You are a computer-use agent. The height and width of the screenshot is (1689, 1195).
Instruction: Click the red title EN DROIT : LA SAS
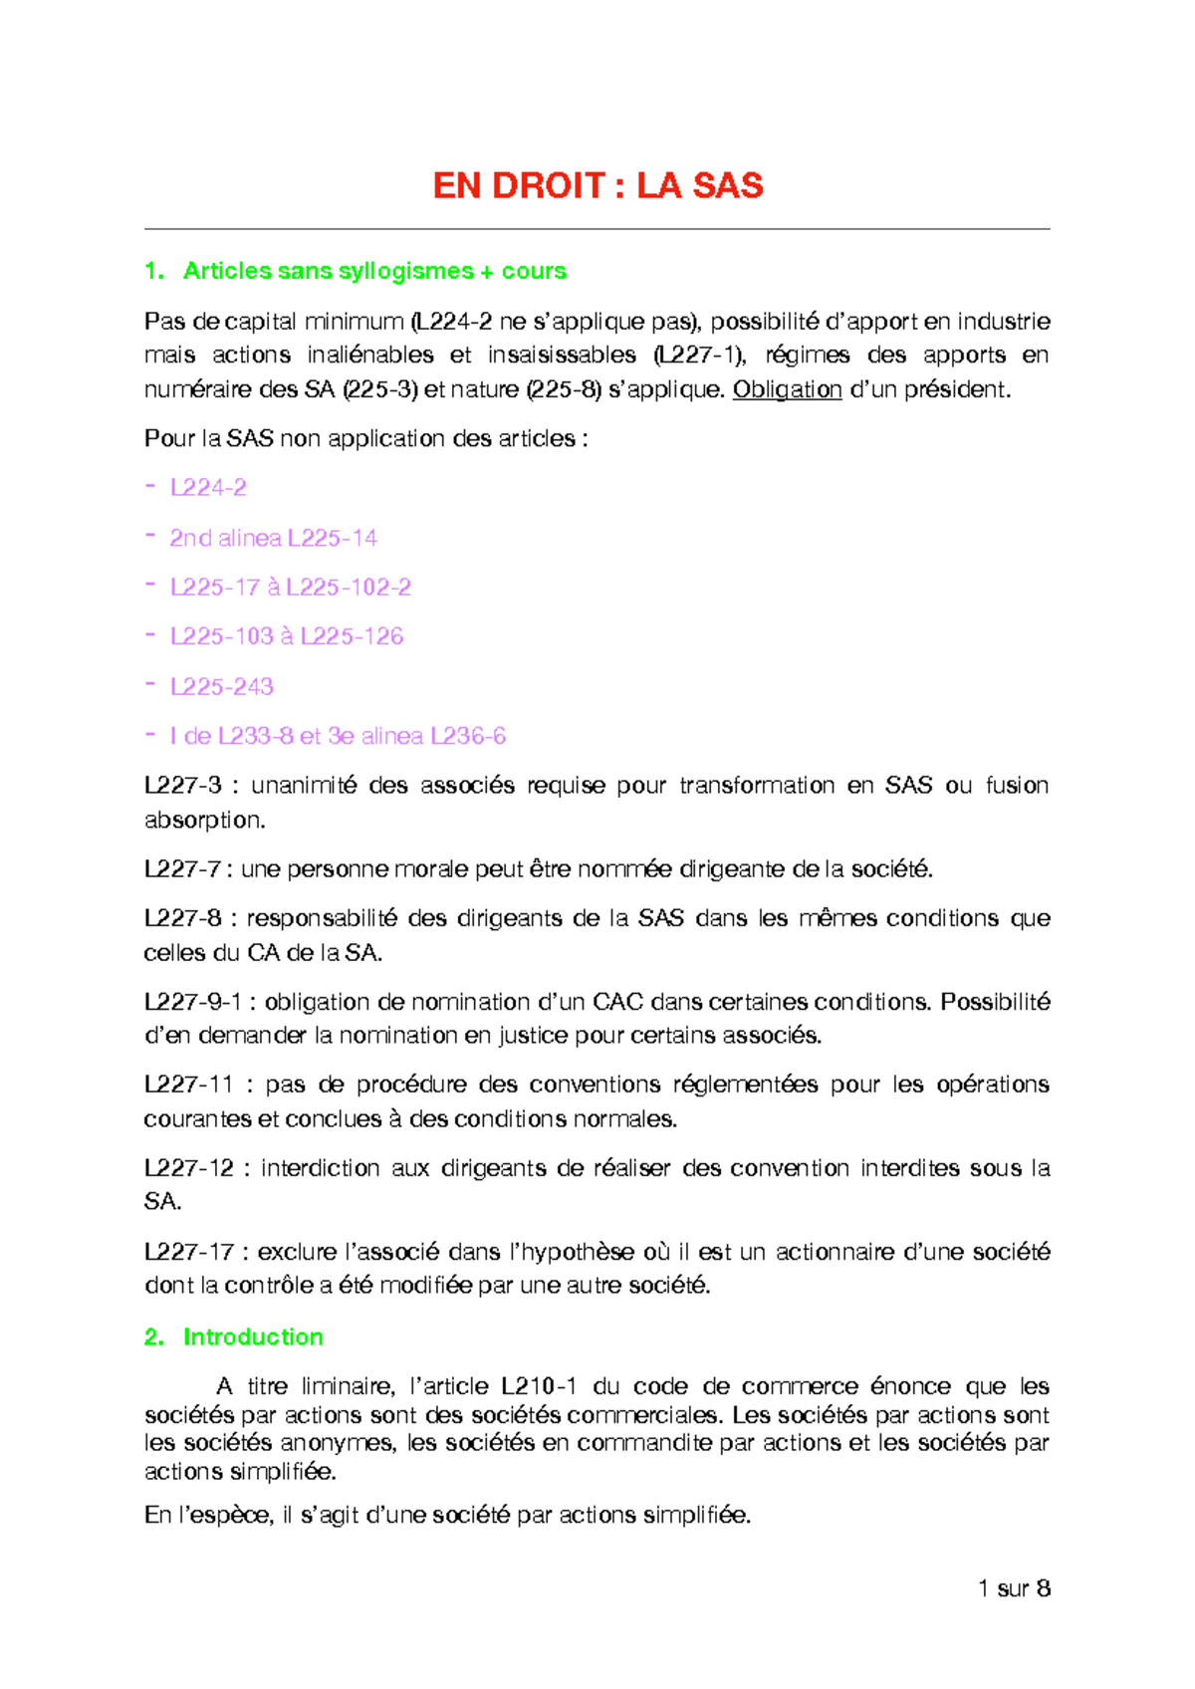tap(597, 186)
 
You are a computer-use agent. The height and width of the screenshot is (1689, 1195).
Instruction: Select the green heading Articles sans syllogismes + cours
tap(374, 271)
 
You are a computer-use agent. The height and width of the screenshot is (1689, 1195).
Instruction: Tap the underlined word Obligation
tap(787, 389)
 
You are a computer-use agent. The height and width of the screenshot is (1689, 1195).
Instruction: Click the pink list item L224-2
tap(208, 488)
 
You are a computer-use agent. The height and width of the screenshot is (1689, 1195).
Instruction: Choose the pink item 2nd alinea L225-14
tap(273, 539)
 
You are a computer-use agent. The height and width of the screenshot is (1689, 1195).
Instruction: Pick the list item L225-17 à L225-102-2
tap(290, 588)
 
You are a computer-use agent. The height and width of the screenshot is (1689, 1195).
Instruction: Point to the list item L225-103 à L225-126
tap(287, 636)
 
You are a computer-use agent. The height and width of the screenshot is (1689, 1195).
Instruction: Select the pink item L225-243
tap(221, 687)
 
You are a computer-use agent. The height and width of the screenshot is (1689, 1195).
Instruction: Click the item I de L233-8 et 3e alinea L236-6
tap(338, 736)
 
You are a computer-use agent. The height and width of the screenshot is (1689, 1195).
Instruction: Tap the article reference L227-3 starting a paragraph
tap(182, 786)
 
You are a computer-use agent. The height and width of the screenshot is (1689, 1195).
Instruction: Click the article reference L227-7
tap(182, 869)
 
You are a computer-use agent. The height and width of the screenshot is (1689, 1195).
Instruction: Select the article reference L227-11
tap(188, 1085)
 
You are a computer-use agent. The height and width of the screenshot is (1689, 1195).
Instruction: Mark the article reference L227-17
tap(188, 1252)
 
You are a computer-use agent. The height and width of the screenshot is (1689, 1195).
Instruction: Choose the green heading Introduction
tap(253, 1336)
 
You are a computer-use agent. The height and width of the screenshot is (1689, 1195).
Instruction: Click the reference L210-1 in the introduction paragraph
tap(539, 1386)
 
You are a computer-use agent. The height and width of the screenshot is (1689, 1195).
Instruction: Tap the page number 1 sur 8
tap(1014, 1588)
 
